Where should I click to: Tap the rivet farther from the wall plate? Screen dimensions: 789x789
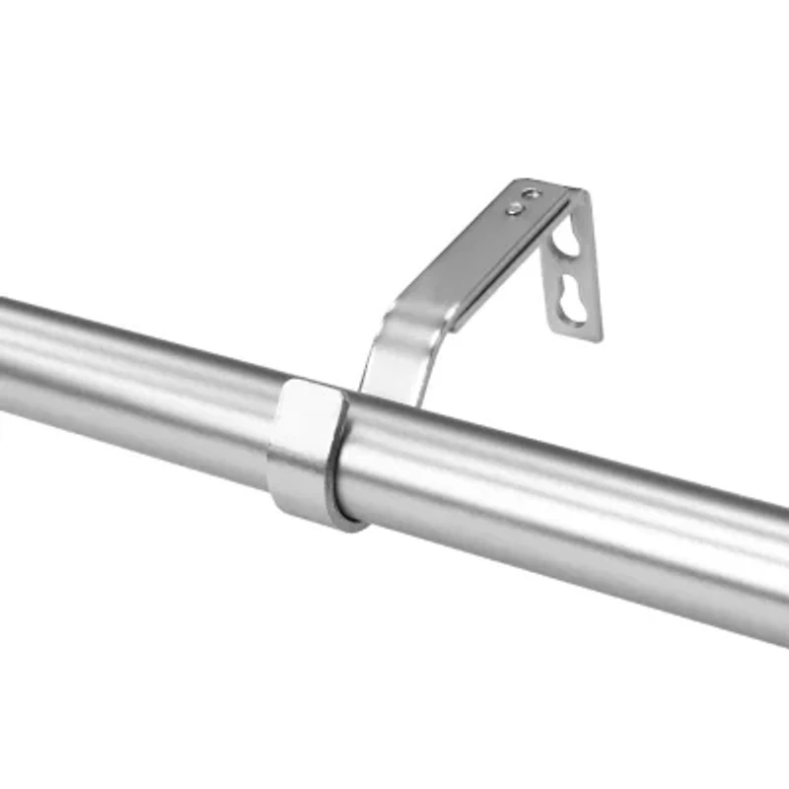pos(514,208)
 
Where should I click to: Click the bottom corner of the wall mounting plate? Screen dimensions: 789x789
pos(598,338)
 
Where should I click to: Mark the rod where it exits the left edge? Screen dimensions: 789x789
pos(8,350)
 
